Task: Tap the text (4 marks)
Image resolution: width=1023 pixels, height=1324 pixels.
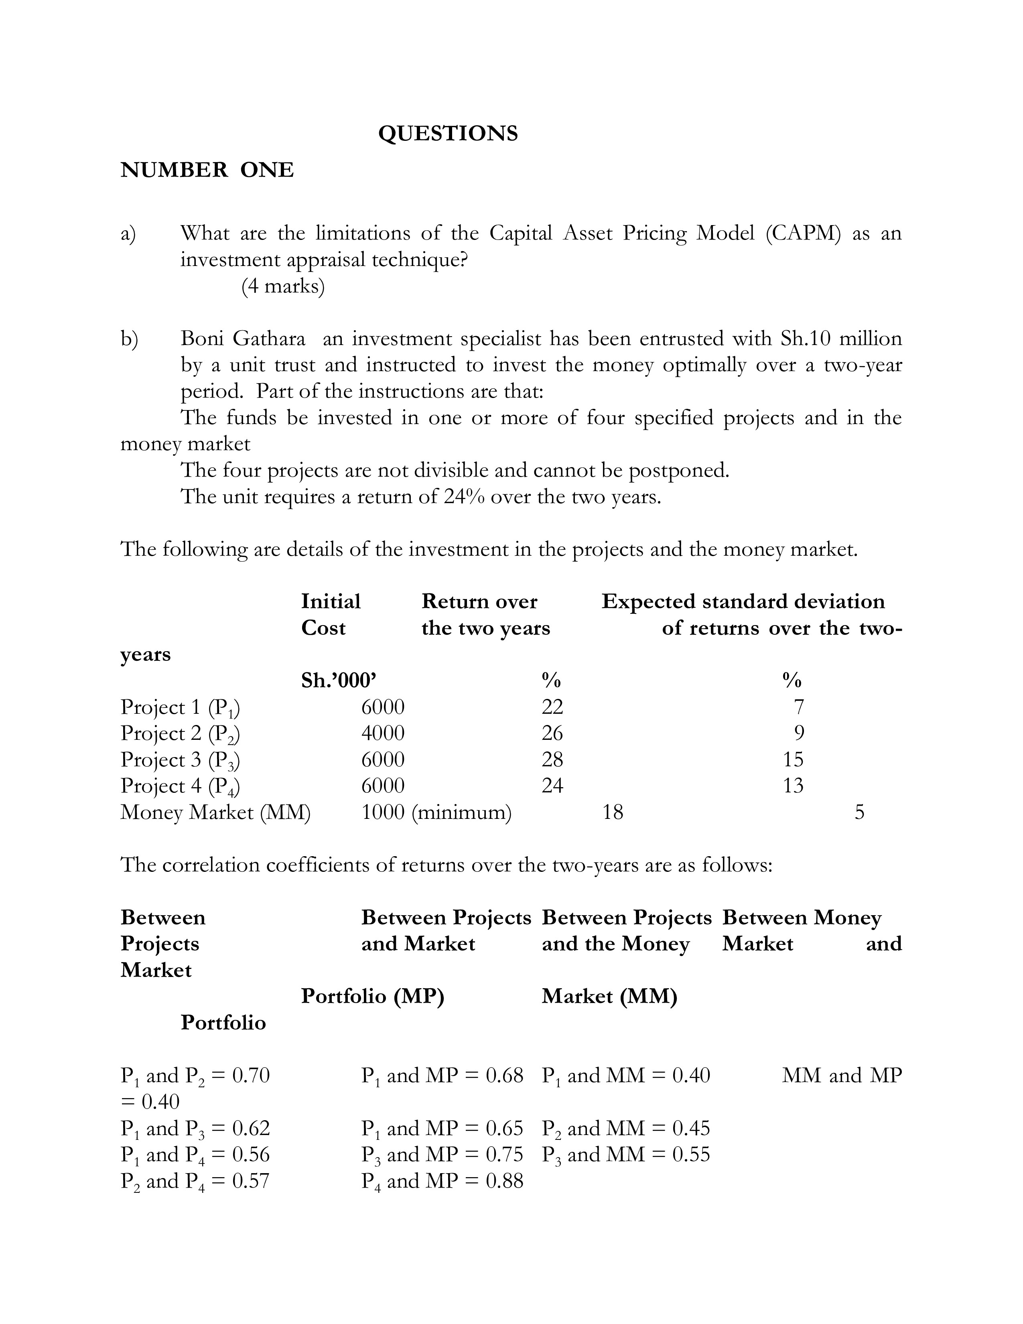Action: coord(283,286)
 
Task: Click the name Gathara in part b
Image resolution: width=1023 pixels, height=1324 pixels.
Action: coord(269,338)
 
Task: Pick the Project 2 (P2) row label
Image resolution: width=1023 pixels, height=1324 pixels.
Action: coord(180,733)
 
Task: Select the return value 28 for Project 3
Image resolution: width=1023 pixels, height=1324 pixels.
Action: coord(552,759)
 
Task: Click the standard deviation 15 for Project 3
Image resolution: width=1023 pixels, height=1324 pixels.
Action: coord(793,759)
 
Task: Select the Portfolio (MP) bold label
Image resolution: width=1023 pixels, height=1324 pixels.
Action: coord(372,996)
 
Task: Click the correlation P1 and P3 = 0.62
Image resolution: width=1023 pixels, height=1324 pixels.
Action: coord(195,1128)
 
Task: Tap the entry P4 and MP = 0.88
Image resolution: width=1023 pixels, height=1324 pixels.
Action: coord(442,1181)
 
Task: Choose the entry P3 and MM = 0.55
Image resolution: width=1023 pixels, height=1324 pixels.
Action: coord(625,1154)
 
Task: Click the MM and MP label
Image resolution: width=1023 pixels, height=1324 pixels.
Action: coord(841,1075)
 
